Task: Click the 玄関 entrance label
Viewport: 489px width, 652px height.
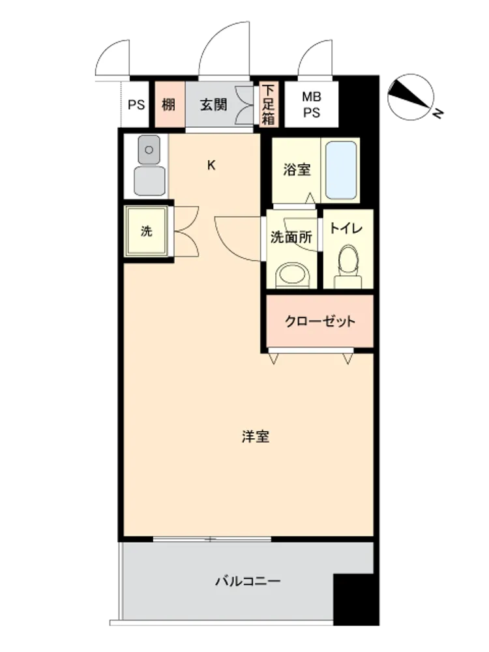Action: pos(213,105)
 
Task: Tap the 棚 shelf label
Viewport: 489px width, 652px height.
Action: pos(168,105)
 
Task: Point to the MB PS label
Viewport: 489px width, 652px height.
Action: pos(312,104)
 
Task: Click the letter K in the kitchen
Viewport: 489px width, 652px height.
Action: pos(211,166)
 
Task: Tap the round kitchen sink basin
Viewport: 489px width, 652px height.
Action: pos(150,150)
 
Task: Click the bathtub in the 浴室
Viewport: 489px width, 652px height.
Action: pos(341,170)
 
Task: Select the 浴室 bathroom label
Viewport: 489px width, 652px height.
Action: pos(297,170)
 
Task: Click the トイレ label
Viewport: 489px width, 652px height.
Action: pos(346,228)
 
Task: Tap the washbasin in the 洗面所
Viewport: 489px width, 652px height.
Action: pos(293,275)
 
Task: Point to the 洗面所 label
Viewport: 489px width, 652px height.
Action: pos(291,237)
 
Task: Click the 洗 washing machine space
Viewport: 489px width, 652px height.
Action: pos(146,231)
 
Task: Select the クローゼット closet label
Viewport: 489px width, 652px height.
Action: pos(320,321)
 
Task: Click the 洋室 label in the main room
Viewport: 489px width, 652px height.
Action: pos(256,437)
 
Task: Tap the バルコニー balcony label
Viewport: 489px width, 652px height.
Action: pos(248,581)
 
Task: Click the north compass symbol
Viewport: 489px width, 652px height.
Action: pos(411,97)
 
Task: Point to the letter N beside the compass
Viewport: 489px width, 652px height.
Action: pos(438,113)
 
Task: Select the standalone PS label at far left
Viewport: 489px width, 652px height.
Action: pos(136,105)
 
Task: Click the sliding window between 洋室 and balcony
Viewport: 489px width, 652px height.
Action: pos(212,539)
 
